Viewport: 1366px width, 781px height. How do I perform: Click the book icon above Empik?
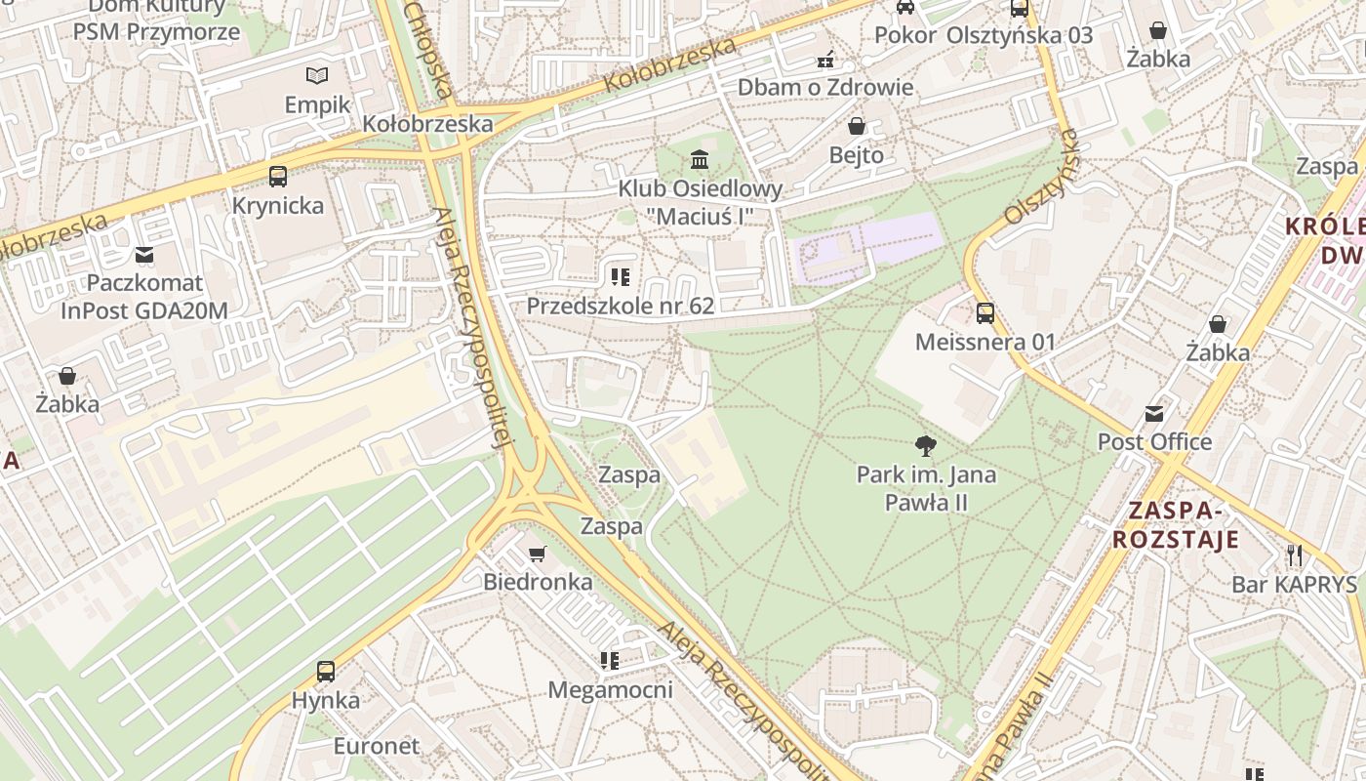pyautogui.click(x=317, y=75)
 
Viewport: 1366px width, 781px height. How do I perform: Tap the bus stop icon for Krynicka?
pyautogui.click(x=278, y=177)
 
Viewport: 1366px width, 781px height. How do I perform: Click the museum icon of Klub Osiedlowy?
pyautogui.click(x=700, y=159)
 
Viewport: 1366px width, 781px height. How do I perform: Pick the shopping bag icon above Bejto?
pyautogui.click(x=857, y=126)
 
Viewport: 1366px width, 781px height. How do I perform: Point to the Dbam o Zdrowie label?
pyautogui.click(x=825, y=87)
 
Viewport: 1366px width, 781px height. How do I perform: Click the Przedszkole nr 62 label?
pyautogui.click(x=621, y=306)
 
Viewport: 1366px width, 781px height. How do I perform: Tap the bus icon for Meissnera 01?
pyautogui.click(x=985, y=313)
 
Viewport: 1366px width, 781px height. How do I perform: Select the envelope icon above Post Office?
pyautogui.click(x=1154, y=413)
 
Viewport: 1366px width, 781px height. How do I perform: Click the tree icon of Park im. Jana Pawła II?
pyautogui.click(x=926, y=446)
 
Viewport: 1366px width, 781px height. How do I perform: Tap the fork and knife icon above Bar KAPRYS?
pyautogui.click(x=1295, y=555)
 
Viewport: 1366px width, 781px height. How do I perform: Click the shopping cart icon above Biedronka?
pyautogui.click(x=537, y=555)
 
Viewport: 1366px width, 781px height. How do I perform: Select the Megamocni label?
pyautogui.click(x=610, y=690)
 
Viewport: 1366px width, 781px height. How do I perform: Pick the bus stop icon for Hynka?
pyautogui.click(x=326, y=672)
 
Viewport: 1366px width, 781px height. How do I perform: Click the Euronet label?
pyautogui.click(x=377, y=746)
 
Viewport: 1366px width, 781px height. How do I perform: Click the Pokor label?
pyautogui.click(x=905, y=35)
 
